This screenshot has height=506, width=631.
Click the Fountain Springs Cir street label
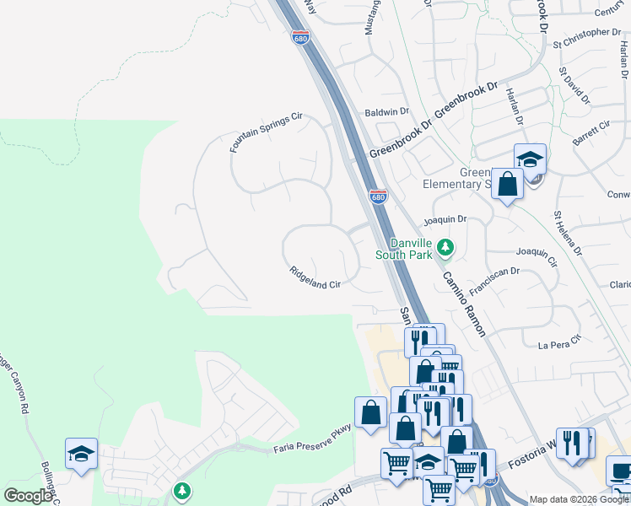266,133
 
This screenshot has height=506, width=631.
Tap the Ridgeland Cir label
315,279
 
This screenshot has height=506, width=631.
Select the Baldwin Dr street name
386,111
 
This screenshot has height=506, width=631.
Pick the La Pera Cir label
560,342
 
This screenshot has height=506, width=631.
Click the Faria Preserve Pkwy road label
311,443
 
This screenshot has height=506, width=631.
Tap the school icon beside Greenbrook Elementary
530,159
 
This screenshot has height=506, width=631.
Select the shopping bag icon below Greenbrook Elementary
507,184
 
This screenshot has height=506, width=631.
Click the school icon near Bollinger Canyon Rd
81,454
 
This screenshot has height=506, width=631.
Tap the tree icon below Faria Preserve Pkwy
181,490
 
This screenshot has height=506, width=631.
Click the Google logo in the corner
28,496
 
